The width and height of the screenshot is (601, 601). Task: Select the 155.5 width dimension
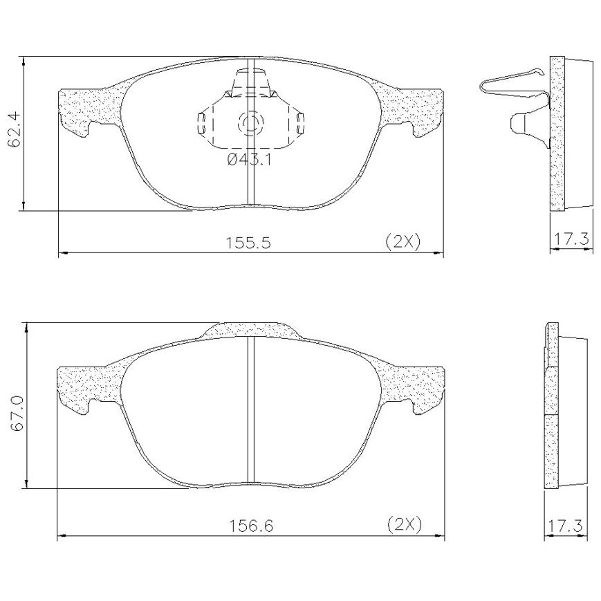[248, 243]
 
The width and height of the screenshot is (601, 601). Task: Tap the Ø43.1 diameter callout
[249, 159]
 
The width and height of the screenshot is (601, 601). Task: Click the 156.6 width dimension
[251, 526]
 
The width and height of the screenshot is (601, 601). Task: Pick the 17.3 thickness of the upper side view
[571, 239]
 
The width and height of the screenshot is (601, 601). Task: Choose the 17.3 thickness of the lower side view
[565, 526]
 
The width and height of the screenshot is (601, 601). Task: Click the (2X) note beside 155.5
[403, 241]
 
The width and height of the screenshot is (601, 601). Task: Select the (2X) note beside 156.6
[405, 524]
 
